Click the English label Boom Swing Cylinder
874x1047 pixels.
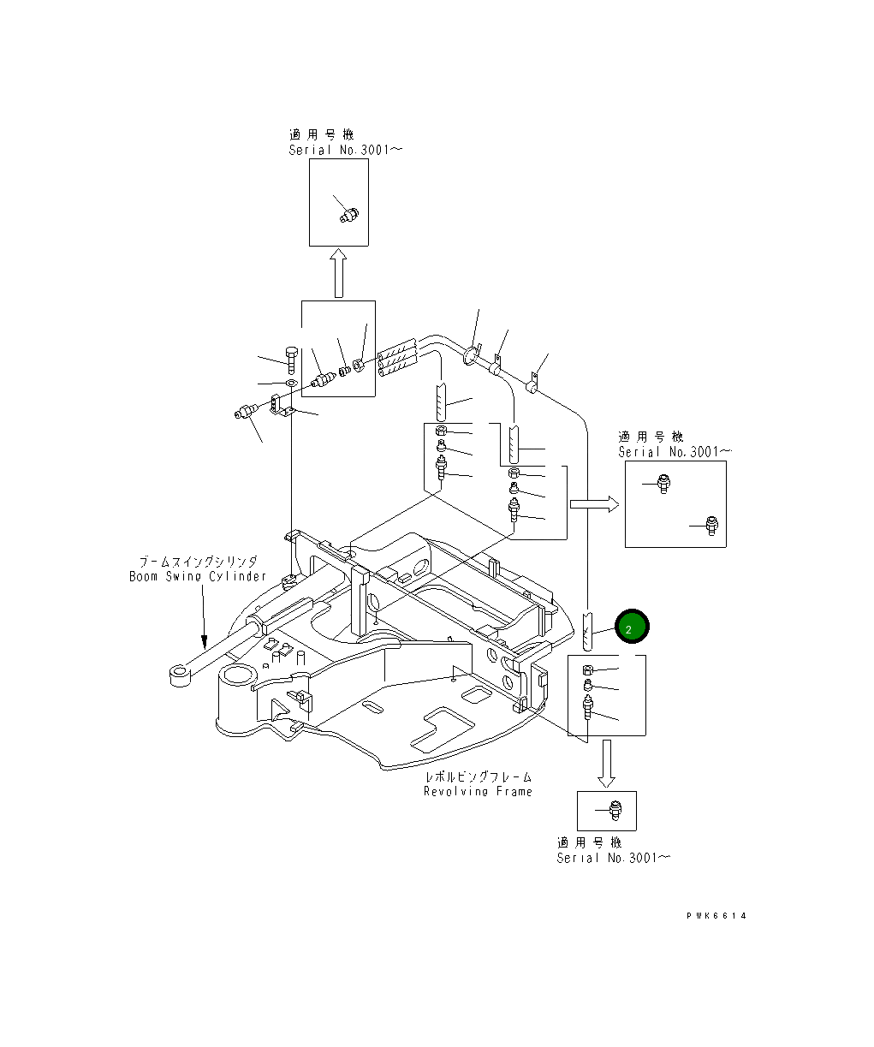click(x=198, y=577)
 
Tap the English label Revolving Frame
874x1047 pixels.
click(x=478, y=792)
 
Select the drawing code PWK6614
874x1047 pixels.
click(x=716, y=916)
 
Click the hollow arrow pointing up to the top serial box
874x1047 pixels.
click(x=338, y=273)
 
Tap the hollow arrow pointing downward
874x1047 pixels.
click(x=606, y=763)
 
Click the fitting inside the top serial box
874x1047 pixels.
click(x=348, y=214)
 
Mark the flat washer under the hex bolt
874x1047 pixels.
click(x=291, y=382)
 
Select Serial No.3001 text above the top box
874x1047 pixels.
click(x=345, y=150)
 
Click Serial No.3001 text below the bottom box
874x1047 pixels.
click(x=614, y=858)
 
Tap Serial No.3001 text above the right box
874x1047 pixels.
click(x=675, y=452)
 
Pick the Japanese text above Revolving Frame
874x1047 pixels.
click(x=478, y=776)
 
